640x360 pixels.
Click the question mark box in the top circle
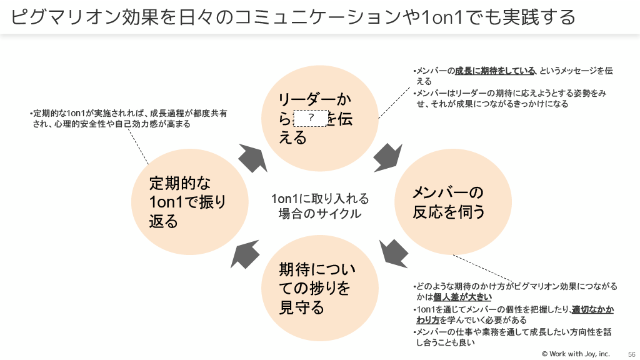pyautogui.click(x=311, y=117)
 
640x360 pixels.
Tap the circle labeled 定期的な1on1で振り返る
pyautogui.click(x=190, y=202)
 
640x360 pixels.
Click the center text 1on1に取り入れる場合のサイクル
pyautogui.click(x=320, y=206)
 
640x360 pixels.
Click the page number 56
pyautogui.click(x=631, y=354)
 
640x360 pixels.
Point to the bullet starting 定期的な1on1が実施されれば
pyautogui.click(x=128, y=119)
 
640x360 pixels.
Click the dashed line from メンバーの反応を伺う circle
pyautogui.click(x=484, y=269)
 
